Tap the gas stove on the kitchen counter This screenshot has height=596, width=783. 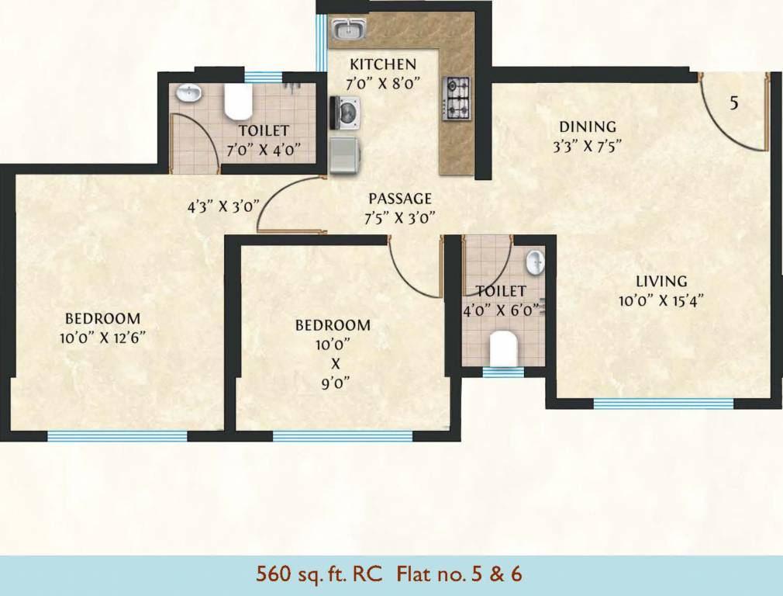tap(457, 99)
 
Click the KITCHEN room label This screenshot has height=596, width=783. tap(382, 64)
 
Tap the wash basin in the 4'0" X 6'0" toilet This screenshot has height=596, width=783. tap(535, 262)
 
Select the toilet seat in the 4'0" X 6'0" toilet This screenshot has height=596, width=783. tap(504, 348)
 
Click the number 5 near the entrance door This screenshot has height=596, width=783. tap(734, 102)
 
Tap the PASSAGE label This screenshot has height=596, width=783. tap(399, 199)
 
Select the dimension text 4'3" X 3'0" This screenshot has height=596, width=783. tap(222, 207)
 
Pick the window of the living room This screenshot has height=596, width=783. tap(663, 404)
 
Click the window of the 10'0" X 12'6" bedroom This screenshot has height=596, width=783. tap(117, 436)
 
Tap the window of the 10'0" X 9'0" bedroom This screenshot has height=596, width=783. tap(342, 436)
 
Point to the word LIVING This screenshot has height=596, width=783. tap(661, 281)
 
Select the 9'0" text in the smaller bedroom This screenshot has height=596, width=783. tap(333, 382)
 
